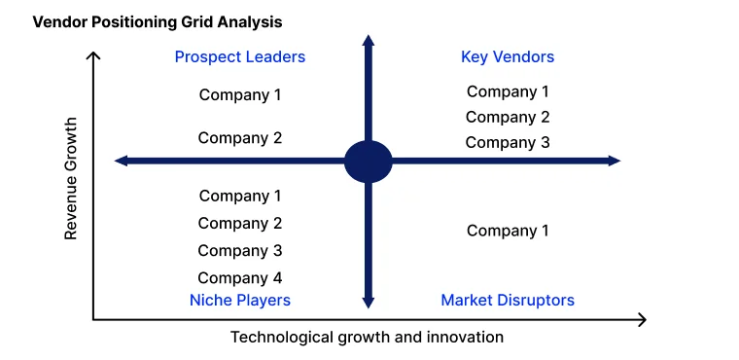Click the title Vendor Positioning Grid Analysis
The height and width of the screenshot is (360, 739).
(x=158, y=21)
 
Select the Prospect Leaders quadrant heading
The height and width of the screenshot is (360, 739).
(x=240, y=57)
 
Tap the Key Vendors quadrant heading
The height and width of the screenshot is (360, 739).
(x=508, y=57)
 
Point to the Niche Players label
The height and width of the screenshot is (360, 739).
(x=240, y=300)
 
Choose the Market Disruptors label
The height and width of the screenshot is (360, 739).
(x=508, y=300)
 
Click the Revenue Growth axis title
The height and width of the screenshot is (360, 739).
(x=70, y=179)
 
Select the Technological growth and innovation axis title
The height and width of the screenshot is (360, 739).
(x=367, y=338)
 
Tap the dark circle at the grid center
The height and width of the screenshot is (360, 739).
(x=369, y=162)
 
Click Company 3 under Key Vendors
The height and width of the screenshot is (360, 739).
(x=508, y=142)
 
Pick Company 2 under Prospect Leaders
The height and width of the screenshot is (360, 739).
(x=240, y=138)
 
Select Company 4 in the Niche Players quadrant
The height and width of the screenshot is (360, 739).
(x=240, y=278)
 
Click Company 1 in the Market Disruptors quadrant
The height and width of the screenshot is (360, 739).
(x=508, y=231)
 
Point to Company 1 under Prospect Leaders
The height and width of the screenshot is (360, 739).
(x=240, y=94)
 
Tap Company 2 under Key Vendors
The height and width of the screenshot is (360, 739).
(x=508, y=117)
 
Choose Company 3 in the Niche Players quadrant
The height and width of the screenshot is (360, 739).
(x=240, y=251)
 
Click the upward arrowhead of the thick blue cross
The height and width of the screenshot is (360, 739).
(x=369, y=40)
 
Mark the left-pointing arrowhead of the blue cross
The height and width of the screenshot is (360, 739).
(x=121, y=161)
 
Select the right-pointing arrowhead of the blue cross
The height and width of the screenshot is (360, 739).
(x=615, y=161)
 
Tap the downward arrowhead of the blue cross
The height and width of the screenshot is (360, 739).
(x=369, y=303)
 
